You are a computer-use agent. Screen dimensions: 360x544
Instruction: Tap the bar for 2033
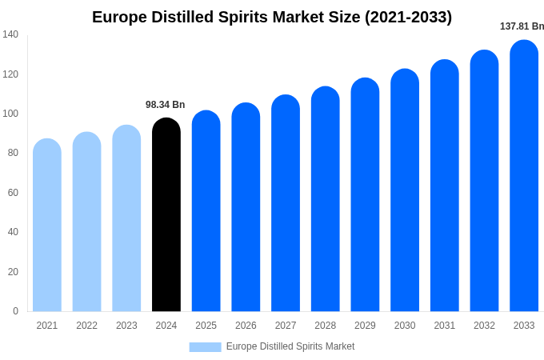[x=524, y=176]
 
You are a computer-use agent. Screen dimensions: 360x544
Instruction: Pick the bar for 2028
[x=325, y=199]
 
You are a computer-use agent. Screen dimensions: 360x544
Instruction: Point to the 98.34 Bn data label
[x=165, y=105]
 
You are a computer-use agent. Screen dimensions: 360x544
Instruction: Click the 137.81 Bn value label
[x=522, y=26]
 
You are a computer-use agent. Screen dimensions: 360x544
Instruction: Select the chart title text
[x=272, y=17]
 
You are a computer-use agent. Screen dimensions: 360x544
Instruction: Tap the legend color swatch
[x=205, y=347]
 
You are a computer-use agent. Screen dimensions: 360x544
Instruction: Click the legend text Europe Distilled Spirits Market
[x=290, y=346]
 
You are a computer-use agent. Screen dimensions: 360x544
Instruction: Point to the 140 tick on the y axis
[x=10, y=34]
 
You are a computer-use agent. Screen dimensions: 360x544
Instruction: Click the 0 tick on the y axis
[x=15, y=311]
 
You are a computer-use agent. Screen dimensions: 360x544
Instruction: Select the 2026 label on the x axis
[x=246, y=326]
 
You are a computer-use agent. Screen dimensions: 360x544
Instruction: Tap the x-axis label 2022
[x=86, y=326]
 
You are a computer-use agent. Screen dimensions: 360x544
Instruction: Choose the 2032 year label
[x=484, y=326]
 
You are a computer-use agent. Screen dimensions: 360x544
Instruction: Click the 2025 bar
[x=206, y=211]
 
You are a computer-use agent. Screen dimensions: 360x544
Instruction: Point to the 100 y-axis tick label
[x=10, y=114]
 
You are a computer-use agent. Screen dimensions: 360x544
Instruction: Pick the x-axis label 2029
[x=365, y=326]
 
